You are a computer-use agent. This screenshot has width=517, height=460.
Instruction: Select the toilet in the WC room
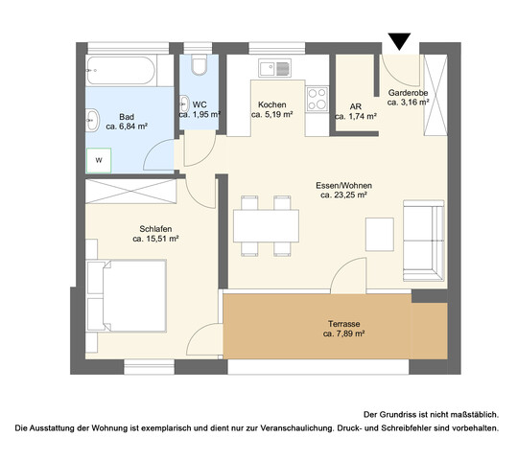click(x=199, y=66)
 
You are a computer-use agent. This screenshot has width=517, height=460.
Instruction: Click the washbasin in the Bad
click(x=93, y=121)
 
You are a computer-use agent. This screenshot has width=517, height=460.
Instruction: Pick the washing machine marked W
click(x=97, y=161)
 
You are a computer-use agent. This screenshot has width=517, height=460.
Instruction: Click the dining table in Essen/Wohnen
click(x=264, y=224)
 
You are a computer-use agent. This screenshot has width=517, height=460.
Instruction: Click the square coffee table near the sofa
click(x=380, y=231)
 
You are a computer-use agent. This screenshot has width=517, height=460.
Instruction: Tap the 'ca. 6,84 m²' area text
click(x=127, y=126)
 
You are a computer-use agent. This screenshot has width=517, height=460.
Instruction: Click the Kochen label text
click(x=270, y=103)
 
